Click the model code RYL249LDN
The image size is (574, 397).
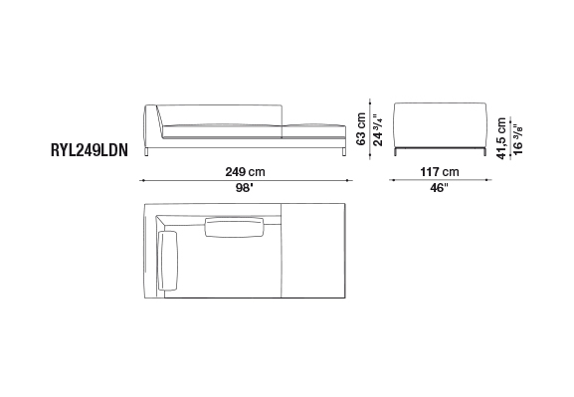point(90,150)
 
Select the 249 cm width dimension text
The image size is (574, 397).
point(245,172)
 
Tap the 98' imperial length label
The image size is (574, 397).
point(244,188)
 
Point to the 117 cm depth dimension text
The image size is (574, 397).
point(440,172)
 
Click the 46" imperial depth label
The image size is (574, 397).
point(439,188)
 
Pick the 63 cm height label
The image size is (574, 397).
point(360,129)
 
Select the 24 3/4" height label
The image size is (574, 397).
point(377,130)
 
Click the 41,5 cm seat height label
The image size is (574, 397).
point(501,138)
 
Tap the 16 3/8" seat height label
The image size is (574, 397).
point(518,139)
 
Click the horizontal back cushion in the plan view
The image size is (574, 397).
point(235,227)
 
